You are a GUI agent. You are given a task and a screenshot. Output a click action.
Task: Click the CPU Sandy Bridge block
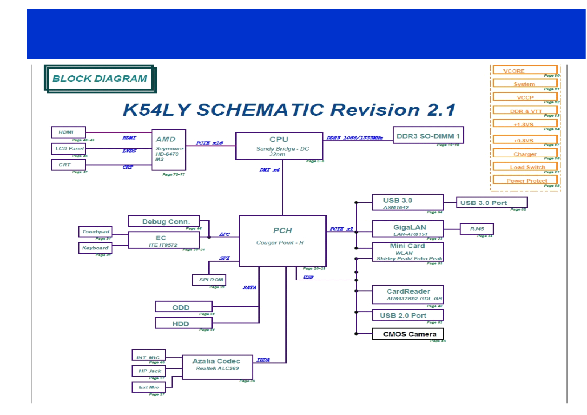(279, 145)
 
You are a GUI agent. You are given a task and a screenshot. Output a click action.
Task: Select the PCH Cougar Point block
(283, 240)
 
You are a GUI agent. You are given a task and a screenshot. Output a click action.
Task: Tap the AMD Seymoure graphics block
(169, 150)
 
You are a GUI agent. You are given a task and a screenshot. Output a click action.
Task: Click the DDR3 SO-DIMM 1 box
(428, 135)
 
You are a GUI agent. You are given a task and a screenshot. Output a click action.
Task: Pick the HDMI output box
(68, 132)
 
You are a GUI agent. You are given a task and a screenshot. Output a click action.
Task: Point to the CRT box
(68, 165)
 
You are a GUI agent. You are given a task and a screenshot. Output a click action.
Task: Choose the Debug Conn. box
(164, 221)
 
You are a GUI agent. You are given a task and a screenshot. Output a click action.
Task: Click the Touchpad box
(95, 231)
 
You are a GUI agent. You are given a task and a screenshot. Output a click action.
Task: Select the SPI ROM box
(209, 280)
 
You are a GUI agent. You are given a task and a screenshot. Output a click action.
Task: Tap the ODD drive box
(183, 307)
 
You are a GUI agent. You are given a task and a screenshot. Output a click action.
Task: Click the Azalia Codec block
(217, 367)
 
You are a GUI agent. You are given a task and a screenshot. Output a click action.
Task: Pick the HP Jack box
(149, 371)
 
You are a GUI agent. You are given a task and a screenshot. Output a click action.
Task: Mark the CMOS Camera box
(408, 334)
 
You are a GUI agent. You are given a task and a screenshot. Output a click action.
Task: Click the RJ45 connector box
(476, 229)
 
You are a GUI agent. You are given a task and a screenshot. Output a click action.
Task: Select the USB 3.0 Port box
(492, 203)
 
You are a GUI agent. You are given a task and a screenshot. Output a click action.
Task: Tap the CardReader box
(408, 294)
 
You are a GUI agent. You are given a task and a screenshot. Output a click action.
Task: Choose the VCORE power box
(524, 71)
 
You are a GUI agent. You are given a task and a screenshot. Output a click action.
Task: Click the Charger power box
(525, 154)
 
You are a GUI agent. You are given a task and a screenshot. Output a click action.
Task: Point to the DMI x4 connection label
(269, 170)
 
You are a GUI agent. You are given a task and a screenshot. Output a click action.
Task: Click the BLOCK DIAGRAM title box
(100, 79)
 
